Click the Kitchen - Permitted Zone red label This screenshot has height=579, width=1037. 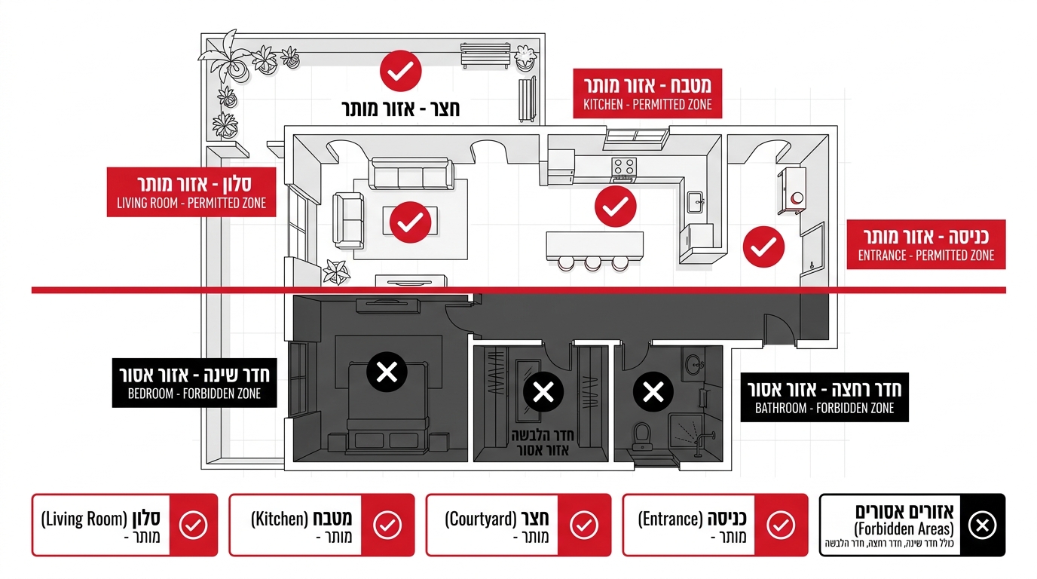[x=647, y=93]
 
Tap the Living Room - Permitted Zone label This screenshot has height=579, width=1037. [x=191, y=191]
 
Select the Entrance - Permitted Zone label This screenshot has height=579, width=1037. [x=926, y=244]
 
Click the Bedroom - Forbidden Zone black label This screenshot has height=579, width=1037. [x=194, y=382]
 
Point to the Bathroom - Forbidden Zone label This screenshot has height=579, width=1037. [x=824, y=397]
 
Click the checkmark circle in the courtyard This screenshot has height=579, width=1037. [x=400, y=71]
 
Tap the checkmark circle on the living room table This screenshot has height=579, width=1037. [x=410, y=222]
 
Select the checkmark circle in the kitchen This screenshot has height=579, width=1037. [x=615, y=207]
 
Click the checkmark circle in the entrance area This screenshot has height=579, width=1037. [x=763, y=247]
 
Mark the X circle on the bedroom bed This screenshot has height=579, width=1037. [x=387, y=372]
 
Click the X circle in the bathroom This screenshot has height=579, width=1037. [x=653, y=392]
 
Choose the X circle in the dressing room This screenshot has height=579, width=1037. [x=543, y=392]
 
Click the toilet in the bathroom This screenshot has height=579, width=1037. [x=642, y=437]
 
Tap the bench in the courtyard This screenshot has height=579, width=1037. [x=485, y=55]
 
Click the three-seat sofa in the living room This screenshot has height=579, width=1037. [x=412, y=173]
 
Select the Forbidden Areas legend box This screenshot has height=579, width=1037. [x=912, y=525]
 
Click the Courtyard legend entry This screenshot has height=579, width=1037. [x=518, y=525]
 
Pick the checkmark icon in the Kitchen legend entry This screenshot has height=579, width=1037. [x=387, y=525]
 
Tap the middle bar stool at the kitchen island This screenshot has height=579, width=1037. [x=592, y=263]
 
